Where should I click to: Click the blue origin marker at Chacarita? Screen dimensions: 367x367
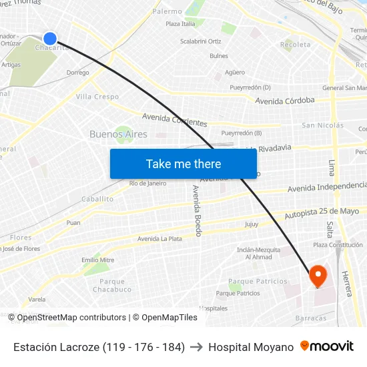(x=50, y=39)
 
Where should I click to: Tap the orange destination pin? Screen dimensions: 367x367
(x=317, y=276)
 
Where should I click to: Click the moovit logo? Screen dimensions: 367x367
(x=326, y=346)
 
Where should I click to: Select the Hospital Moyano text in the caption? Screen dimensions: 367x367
(x=251, y=347)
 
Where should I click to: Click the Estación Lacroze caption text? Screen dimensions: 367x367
(x=99, y=347)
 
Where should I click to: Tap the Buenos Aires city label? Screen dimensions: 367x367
(x=118, y=134)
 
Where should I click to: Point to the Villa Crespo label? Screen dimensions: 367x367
(x=97, y=97)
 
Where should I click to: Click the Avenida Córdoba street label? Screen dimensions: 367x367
(x=285, y=100)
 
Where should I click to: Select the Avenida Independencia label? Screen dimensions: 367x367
(x=327, y=187)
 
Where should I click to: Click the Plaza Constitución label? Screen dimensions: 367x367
(x=338, y=245)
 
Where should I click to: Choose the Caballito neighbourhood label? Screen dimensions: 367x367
(x=97, y=199)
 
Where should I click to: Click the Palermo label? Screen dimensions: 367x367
(x=167, y=11)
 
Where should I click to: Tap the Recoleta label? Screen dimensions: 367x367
(x=296, y=45)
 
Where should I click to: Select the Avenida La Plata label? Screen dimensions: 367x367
(x=159, y=238)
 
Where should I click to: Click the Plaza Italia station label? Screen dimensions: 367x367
(x=180, y=24)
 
